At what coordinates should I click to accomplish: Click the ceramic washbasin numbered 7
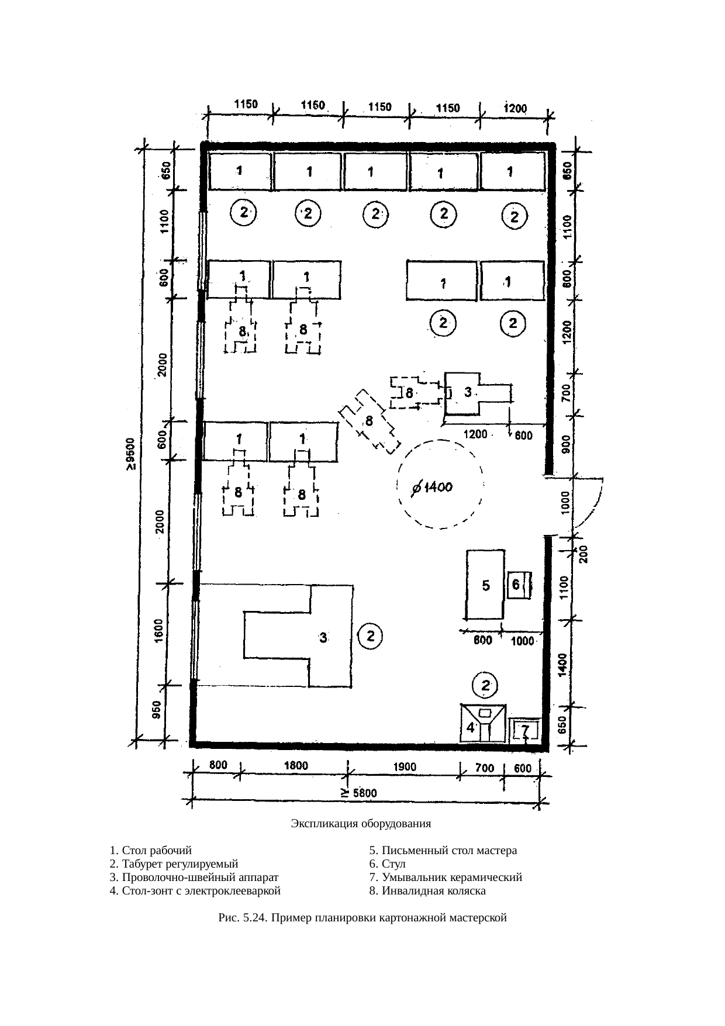point(526,730)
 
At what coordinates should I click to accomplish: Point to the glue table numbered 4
point(483,723)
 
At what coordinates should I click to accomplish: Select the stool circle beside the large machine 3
point(370,636)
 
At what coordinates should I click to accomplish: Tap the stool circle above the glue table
point(485,686)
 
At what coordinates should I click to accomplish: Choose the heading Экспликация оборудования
point(361,824)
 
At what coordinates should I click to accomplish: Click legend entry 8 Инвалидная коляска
point(427,891)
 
